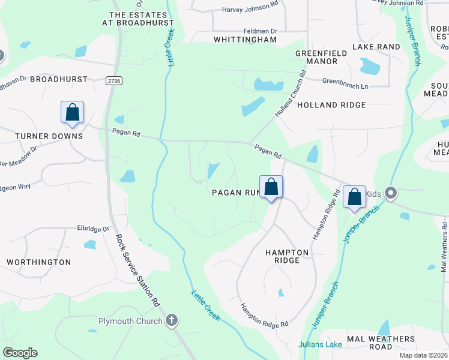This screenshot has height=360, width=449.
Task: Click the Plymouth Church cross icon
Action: point(172,320)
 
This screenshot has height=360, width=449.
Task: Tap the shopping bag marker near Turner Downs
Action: point(72,112)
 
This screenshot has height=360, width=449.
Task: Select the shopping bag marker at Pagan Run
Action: point(271,187)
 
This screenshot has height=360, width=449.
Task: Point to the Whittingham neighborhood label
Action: point(246,40)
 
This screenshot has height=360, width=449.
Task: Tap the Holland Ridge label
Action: point(331,105)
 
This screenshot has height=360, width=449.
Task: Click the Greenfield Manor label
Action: point(321,57)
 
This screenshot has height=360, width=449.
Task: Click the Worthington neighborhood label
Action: point(38,262)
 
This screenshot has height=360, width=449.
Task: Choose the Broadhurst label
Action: point(59,79)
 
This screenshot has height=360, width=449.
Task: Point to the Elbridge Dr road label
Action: point(94,229)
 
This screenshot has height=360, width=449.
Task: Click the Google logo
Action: point(20,353)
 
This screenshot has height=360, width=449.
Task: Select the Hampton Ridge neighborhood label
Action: point(287,256)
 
